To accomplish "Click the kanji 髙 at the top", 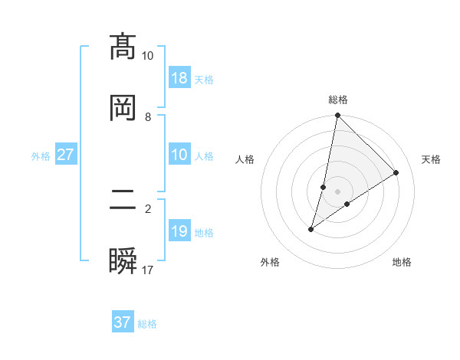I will click(123, 47).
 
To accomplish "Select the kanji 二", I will click(123, 201).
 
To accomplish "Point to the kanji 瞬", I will click(123, 263).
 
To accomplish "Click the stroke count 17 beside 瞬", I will click(148, 270).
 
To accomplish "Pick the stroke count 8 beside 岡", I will click(148, 117).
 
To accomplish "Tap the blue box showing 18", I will click(179, 78).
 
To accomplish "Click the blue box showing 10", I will click(179, 155).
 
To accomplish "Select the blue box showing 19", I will click(179, 231).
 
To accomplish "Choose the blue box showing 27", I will click(66, 155).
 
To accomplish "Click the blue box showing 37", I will click(123, 322).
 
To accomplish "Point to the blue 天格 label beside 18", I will click(204, 79).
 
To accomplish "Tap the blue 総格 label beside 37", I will click(147, 324).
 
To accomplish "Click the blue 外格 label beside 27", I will click(41, 155).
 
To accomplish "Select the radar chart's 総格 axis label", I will click(338, 100).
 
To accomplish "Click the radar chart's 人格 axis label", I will click(245, 159).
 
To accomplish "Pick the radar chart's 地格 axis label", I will click(402, 262).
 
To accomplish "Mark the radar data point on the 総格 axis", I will click(337, 116).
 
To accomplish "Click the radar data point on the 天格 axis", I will click(396, 173).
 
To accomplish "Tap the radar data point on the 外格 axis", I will click(311, 229).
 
